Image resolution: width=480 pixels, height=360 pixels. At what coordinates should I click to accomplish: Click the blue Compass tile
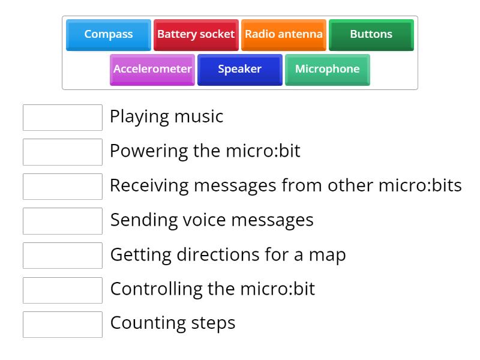click(109, 34)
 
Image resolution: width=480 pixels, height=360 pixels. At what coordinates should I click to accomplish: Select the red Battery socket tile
click(196, 34)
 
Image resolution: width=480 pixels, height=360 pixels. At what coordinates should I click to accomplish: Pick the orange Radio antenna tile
click(283, 34)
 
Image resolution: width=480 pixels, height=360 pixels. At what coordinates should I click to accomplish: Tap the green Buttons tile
click(371, 34)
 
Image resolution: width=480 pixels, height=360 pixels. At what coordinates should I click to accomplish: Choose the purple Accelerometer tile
click(152, 69)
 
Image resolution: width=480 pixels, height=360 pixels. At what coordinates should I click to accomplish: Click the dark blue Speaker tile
click(239, 69)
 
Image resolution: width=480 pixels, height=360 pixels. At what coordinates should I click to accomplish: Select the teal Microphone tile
click(327, 69)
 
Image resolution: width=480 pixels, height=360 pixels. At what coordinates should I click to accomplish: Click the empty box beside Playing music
click(62, 117)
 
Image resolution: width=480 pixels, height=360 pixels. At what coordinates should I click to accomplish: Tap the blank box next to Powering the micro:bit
click(62, 152)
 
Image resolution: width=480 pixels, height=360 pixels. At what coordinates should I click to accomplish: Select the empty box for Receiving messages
click(62, 186)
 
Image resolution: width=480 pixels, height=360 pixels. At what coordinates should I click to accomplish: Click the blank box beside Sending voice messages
click(62, 221)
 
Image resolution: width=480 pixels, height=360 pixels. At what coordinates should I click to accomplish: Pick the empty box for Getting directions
click(62, 255)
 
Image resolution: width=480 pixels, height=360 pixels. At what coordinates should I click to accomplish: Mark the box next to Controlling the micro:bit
click(62, 290)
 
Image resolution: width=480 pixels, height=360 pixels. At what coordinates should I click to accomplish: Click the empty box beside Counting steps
click(62, 324)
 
